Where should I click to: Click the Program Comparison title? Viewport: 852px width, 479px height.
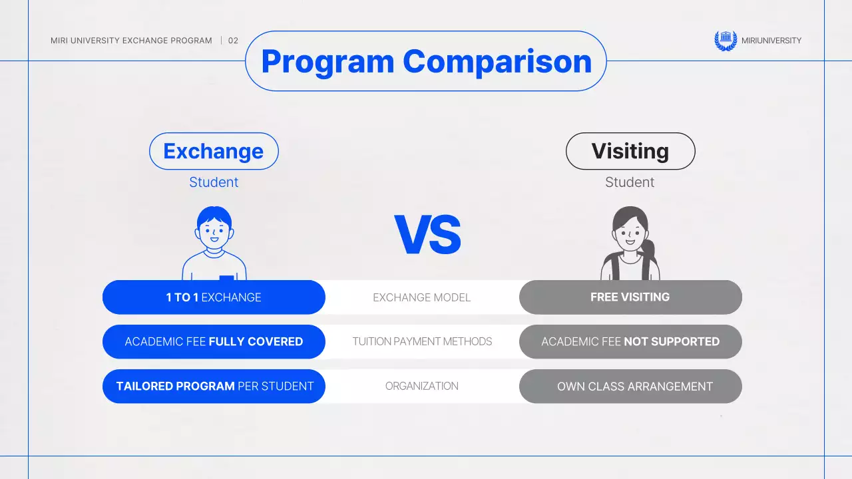pyautogui.click(x=426, y=61)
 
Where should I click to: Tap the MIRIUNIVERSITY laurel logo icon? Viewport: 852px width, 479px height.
pyautogui.click(x=725, y=41)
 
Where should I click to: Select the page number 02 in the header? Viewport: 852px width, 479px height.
pyautogui.click(x=233, y=41)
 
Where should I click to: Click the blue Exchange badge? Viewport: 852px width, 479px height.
pyautogui.click(x=214, y=151)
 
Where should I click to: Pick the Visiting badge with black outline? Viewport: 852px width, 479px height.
pyautogui.click(x=630, y=151)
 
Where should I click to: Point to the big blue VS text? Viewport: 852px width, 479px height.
pyautogui.click(x=427, y=236)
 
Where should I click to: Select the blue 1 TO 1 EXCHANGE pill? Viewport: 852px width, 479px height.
pyautogui.click(x=214, y=297)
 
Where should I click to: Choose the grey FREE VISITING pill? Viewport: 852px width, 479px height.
pyautogui.click(x=630, y=297)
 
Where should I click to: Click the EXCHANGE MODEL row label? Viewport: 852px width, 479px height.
pyautogui.click(x=421, y=297)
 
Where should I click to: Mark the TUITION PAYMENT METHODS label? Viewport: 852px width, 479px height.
pyautogui.click(x=422, y=342)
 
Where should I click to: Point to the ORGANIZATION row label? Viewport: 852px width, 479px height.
pyautogui.click(x=421, y=386)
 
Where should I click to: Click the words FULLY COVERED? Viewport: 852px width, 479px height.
pyautogui.click(x=256, y=342)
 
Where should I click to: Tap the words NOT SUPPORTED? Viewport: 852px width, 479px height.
pyautogui.click(x=672, y=342)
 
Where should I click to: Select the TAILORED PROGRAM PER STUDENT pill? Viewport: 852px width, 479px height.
pyautogui.click(x=214, y=386)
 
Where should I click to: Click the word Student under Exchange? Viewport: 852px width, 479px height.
pyautogui.click(x=214, y=182)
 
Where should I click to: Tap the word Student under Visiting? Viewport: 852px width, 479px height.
pyautogui.click(x=630, y=182)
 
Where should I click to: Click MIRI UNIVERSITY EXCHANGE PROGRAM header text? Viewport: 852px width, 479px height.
pyautogui.click(x=131, y=41)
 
